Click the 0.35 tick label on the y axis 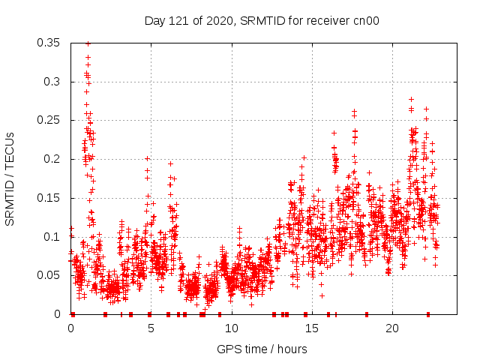pyautogui.click(x=49, y=42)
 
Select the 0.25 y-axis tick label pyautogui.click(x=49, y=120)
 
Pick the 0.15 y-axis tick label pyautogui.click(x=49, y=198)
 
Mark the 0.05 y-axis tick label pyautogui.click(x=49, y=275)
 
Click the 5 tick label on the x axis pyautogui.click(x=151, y=328)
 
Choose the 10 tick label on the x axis pyautogui.click(x=231, y=328)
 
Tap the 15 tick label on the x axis pyautogui.click(x=311, y=328)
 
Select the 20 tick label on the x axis pyautogui.click(x=391, y=328)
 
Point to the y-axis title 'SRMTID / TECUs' pyautogui.click(x=10, y=178)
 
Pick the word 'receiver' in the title pyautogui.click(x=330, y=21)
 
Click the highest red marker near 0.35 pyautogui.click(x=88, y=43)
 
